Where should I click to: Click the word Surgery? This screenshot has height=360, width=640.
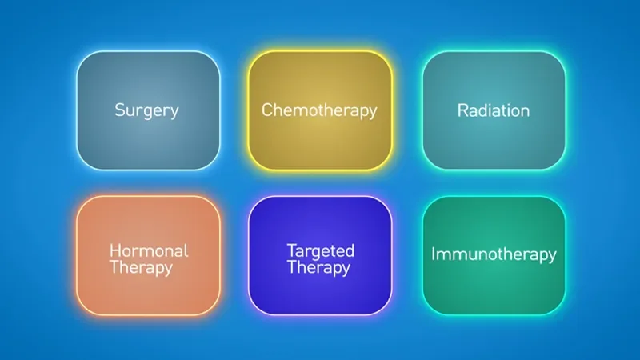(x=146, y=110)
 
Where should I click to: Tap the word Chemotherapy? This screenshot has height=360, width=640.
(x=319, y=110)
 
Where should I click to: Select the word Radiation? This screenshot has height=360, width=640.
(x=494, y=110)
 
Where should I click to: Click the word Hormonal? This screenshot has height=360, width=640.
(x=149, y=250)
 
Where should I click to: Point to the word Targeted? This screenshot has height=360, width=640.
(x=319, y=250)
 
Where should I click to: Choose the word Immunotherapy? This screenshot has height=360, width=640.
(x=494, y=254)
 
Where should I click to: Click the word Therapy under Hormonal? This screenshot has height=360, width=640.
(x=141, y=268)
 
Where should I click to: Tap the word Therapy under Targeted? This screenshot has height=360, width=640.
(x=318, y=268)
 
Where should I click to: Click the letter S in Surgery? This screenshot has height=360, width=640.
(x=119, y=110)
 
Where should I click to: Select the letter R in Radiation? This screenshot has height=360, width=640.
(x=462, y=110)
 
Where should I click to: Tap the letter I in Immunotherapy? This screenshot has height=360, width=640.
(x=434, y=254)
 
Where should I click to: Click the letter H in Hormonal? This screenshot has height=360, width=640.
(x=114, y=250)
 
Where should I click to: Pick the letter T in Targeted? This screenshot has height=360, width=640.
(x=292, y=250)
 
